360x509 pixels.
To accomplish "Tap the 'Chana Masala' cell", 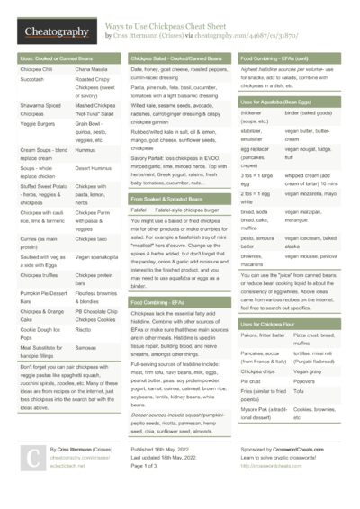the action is (x=92, y=69).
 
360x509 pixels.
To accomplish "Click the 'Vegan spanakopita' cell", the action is (x=98, y=258).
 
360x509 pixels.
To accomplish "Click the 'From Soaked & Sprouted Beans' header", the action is (x=171, y=196).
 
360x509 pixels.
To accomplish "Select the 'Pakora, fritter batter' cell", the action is (x=261, y=335).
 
